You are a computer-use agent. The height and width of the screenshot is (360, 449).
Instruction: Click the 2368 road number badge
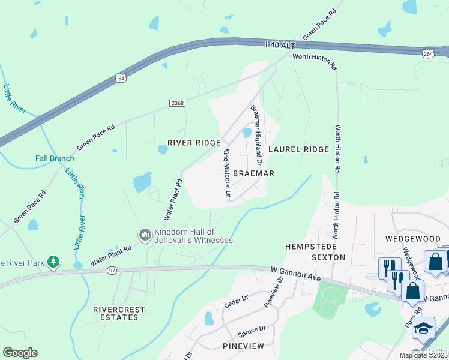coord(177,103)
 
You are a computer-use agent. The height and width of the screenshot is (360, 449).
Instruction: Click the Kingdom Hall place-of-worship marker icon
coord(145,235)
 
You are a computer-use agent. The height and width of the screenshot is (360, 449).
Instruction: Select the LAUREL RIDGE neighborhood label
coord(298,149)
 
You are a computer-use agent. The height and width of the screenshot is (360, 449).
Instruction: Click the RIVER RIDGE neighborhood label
coord(190,143)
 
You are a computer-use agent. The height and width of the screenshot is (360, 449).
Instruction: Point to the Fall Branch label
coord(55,158)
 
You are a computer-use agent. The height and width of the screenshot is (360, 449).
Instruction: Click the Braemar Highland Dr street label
coord(256,136)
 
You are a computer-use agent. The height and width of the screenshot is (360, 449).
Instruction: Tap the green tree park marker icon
coord(54,262)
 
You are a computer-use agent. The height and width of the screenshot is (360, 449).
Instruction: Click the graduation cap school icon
coord(423,329)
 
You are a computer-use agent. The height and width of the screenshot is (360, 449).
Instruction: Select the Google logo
coord(20,353)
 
